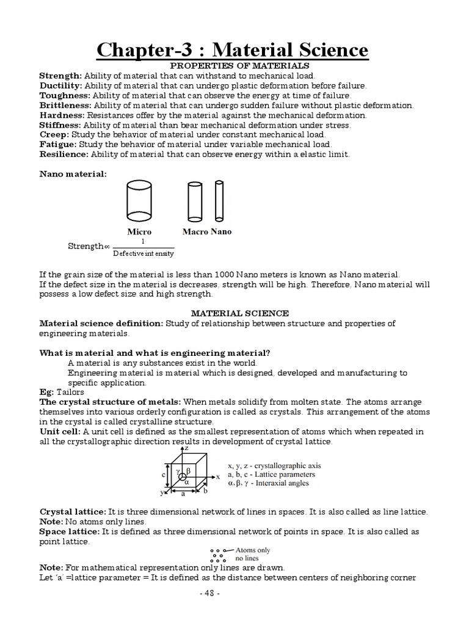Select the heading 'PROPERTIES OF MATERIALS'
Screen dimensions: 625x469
(239, 65)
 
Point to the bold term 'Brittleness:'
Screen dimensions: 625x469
(65, 105)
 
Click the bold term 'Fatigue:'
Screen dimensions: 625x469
(57, 144)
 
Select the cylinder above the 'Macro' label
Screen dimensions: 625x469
(194, 202)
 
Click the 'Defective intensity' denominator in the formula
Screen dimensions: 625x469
(144, 253)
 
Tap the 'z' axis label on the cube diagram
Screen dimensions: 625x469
(186, 448)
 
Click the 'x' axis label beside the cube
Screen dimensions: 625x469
(218, 477)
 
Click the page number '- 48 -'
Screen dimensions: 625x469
(234, 595)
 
